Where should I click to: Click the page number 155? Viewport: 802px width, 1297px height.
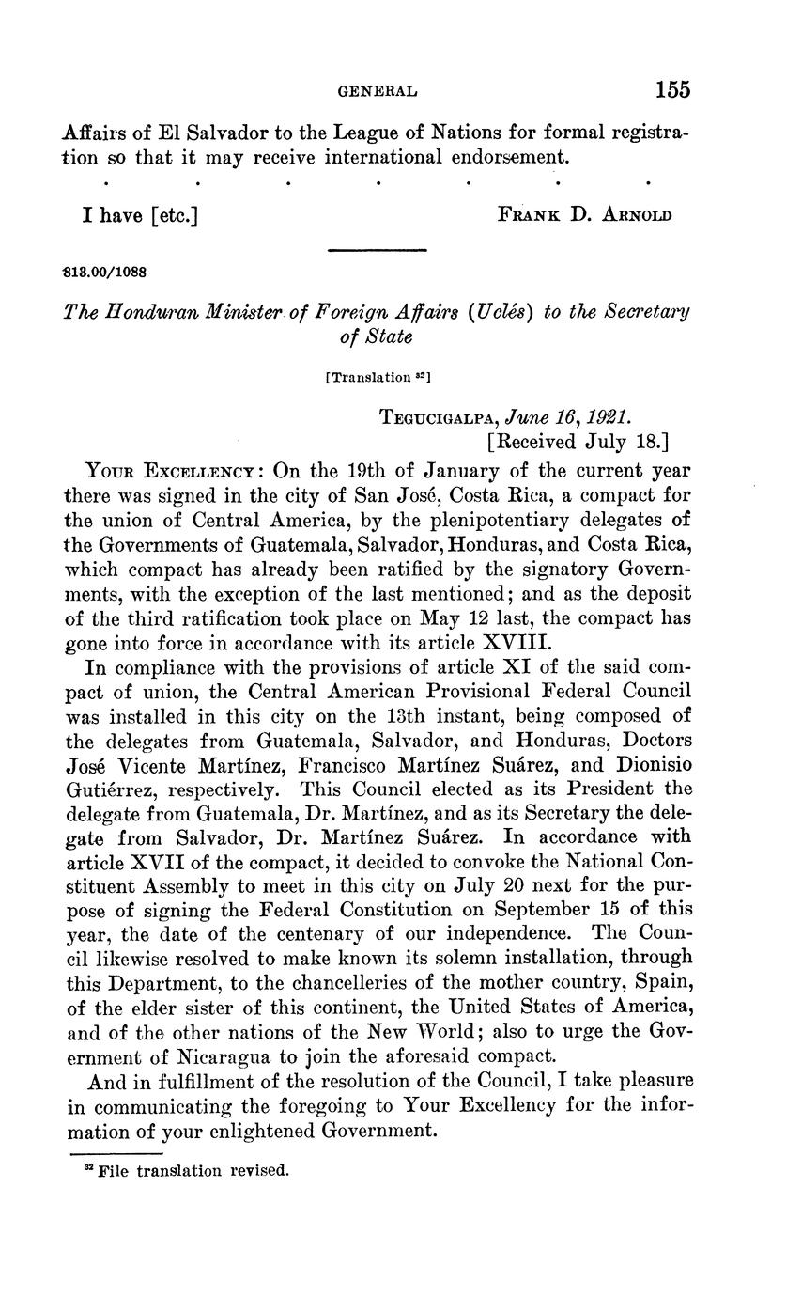(672, 90)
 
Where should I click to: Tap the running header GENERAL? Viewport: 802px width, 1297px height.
(377, 91)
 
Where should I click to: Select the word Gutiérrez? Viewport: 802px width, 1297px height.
(117, 788)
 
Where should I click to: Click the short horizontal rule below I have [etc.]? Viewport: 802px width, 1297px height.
(377, 250)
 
